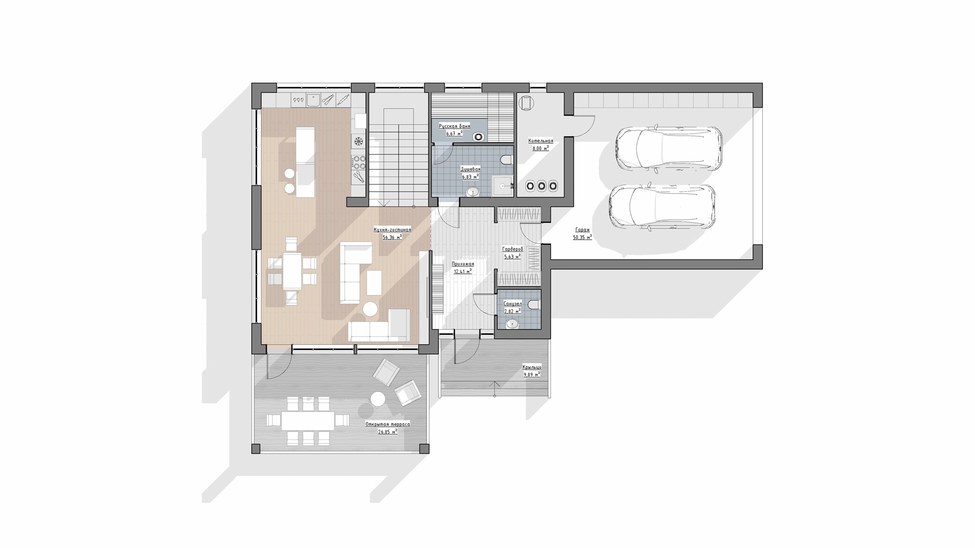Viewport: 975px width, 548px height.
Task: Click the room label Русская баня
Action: coord(454,126)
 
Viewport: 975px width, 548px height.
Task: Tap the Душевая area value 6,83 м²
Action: coord(470,177)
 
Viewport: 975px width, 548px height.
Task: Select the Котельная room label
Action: coord(541,141)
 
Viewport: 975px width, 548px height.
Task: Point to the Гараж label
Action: coord(582,229)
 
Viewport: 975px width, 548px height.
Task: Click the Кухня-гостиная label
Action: coord(393,230)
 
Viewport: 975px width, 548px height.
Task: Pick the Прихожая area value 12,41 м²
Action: coord(463,271)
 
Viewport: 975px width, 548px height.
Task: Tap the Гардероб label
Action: coord(512,250)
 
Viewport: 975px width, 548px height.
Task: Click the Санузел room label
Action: coord(512,304)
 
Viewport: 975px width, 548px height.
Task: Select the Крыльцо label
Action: coord(532,367)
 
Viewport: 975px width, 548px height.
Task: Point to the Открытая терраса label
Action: coord(387,424)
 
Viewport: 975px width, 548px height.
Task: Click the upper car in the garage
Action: coord(668,148)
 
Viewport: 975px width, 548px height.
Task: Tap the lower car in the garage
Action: coord(663,207)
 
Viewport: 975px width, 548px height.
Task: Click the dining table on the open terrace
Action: coord(308,420)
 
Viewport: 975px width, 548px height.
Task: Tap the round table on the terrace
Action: coord(377,399)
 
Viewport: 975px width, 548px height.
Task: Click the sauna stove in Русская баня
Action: coord(478,136)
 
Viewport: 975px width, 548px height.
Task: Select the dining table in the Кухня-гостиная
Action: coord(292,271)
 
